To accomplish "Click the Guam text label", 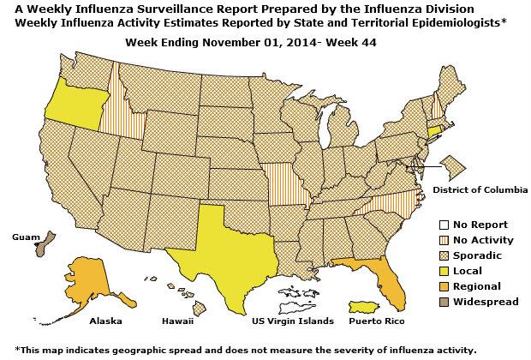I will click(25, 233).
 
